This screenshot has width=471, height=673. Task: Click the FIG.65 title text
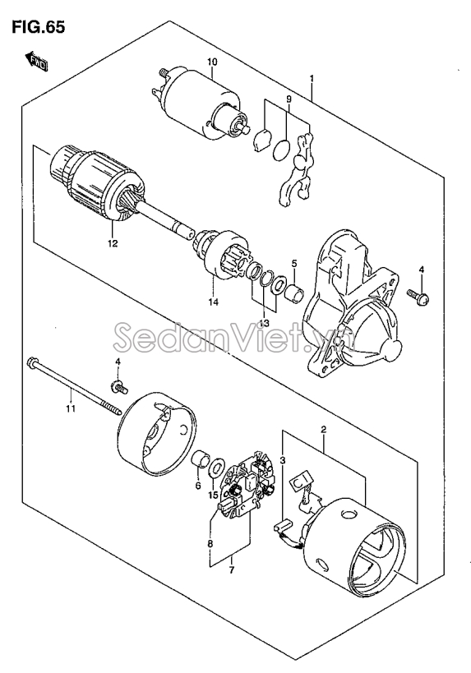pos(38,26)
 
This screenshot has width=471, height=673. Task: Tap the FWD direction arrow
pos(37,61)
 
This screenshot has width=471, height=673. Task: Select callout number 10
pos(212,62)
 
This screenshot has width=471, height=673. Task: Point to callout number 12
pos(113,243)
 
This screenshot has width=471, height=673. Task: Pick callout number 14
pos(214,302)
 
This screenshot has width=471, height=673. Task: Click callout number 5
pos(294,263)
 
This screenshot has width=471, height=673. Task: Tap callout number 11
pos(71,408)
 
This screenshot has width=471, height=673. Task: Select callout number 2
pos(323,429)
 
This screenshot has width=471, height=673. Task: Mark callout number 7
pos(232,570)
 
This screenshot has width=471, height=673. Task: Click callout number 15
pos(214,496)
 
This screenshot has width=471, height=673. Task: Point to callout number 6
pos(198,486)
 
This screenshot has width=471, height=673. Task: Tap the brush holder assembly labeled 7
pos(246,483)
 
